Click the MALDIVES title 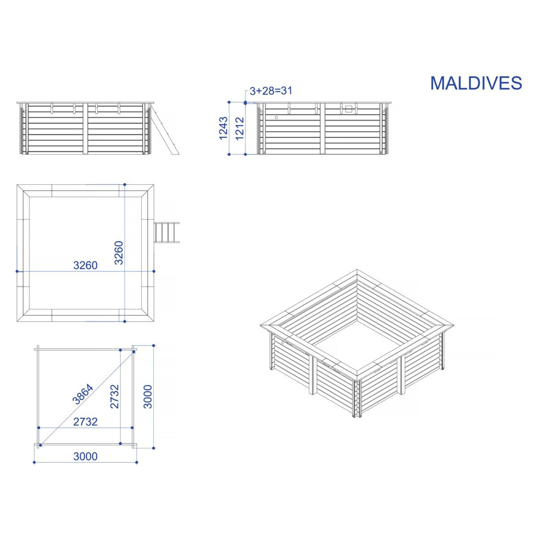click(476, 83)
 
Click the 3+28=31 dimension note click(271, 91)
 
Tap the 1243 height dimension click(223, 128)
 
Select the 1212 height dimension click(240, 129)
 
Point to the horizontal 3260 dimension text click(85, 265)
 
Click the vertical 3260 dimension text click(118, 253)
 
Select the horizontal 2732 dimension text click(85, 422)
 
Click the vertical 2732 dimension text click(114, 397)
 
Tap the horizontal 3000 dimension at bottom click(85, 456)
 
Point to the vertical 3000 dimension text click(148, 397)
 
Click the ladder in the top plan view click(166, 232)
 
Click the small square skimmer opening click(349, 109)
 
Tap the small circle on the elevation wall click(276, 117)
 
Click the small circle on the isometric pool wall click(282, 343)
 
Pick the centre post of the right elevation click(322, 129)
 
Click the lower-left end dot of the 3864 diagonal click(40, 445)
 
